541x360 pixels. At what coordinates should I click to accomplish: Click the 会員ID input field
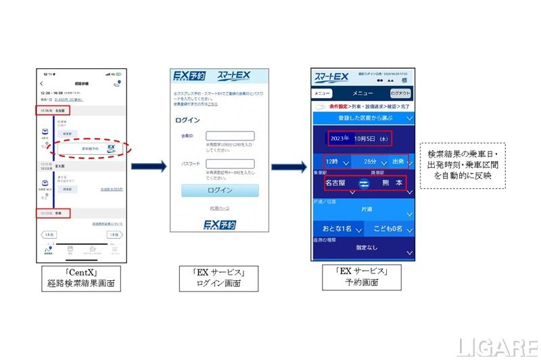coord(230,136)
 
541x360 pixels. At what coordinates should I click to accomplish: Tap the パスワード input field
coord(230,164)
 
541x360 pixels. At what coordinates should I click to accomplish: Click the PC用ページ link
coord(220,208)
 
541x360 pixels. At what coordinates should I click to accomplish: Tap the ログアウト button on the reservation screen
coord(400,93)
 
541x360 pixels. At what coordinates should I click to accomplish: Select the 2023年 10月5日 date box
coord(358,137)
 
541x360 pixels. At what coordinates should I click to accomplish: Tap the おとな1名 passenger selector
coord(337,229)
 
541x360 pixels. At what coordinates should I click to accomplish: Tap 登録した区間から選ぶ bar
coord(362,116)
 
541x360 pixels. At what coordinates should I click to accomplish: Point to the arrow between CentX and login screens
coord(148,166)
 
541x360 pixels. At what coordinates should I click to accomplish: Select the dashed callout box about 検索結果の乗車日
coord(463,166)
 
